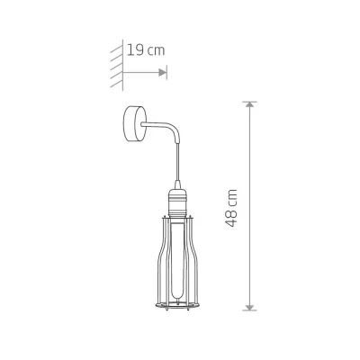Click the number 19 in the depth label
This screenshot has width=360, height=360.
click(136, 49)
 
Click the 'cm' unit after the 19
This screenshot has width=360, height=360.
click(157, 51)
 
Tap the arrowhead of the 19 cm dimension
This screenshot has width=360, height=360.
click(163, 72)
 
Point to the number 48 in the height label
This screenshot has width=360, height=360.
click(231, 218)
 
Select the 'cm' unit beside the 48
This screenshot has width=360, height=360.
click(232, 198)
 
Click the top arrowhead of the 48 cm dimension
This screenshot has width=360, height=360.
click(249, 104)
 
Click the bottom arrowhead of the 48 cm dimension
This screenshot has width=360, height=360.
click(249, 307)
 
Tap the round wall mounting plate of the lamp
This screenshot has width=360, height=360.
click(133, 123)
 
